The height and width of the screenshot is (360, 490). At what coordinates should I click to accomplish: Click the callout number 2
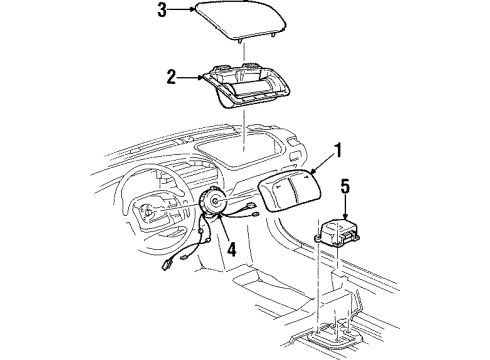click(171, 74)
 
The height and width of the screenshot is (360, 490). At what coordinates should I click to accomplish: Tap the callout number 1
click(338, 153)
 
